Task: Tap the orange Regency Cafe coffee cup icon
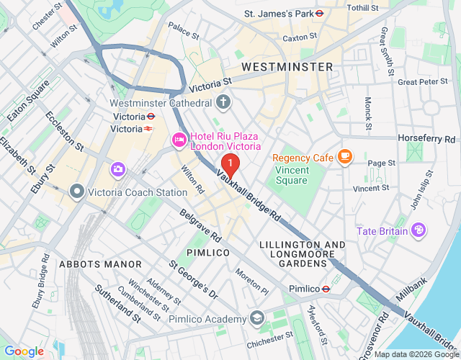point(345,156)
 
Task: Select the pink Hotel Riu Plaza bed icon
point(179,139)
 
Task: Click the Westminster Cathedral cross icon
point(223,102)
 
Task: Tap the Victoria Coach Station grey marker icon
point(76,192)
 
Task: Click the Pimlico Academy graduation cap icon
point(257,318)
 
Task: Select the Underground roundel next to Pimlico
point(326,289)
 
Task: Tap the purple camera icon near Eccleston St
point(117,169)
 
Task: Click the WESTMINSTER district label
point(287,67)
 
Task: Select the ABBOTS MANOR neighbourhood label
point(101,264)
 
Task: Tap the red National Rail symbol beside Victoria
point(148,129)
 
